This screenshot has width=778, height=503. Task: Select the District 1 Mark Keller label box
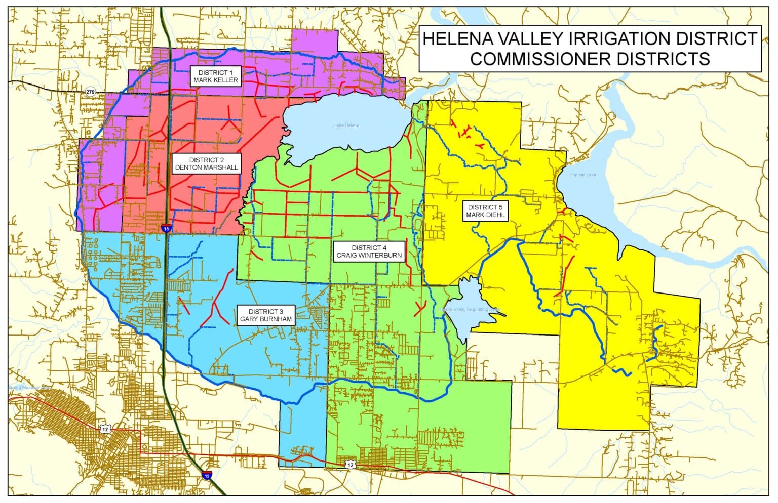215,76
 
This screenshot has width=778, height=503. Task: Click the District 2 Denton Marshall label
206,164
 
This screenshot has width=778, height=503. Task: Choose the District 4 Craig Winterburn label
369,252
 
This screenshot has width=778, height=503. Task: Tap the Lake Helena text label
346,125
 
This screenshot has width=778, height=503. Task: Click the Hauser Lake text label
583,175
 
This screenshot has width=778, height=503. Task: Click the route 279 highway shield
90,92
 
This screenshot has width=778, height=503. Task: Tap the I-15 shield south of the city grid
206,475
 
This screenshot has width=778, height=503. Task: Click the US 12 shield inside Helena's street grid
105,429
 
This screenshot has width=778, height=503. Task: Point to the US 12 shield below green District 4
349,464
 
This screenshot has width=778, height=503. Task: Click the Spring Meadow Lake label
29,388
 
